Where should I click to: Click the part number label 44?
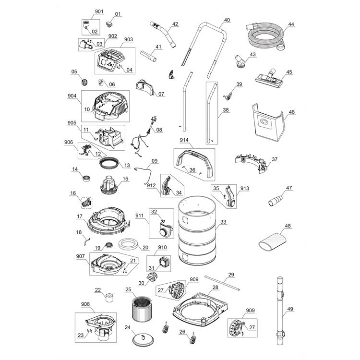point(291,24)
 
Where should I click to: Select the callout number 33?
point(224,222)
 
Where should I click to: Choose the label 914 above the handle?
point(184,140)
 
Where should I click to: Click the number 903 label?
point(115,39)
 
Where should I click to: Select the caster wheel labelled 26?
point(193,340)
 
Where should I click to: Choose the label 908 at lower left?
point(85,304)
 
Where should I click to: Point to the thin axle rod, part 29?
point(222,282)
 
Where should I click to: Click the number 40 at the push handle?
point(227,20)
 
